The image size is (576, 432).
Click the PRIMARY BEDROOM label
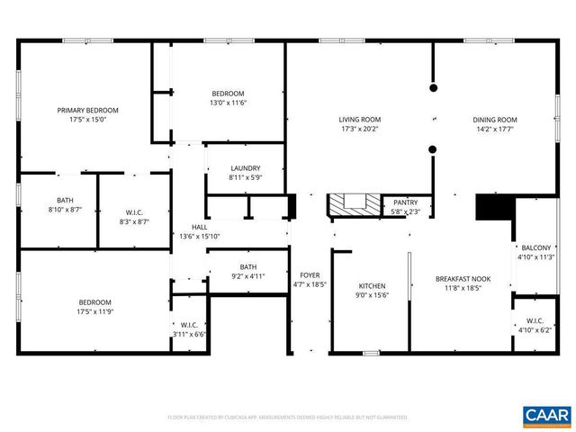[x=88, y=110]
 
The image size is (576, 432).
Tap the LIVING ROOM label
[x=360, y=119]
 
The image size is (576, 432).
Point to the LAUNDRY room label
[x=246, y=168]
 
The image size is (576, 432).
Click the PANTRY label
[x=406, y=203]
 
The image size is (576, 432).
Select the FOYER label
[x=310, y=274]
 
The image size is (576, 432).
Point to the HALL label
[x=199, y=227]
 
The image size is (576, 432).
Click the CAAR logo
[x=546, y=414]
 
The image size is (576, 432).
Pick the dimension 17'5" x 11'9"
[x=94, y=311]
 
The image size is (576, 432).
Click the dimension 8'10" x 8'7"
[x=65, y=209]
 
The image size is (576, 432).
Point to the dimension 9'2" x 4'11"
[x=248, y=276]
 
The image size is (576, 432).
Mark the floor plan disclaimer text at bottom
[x=288, y=418]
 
